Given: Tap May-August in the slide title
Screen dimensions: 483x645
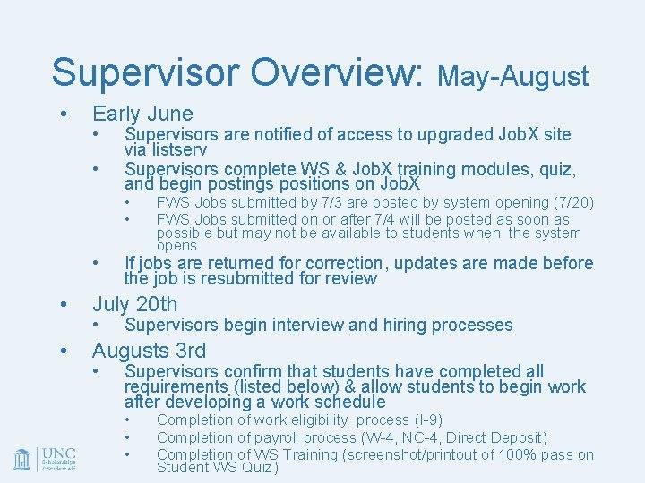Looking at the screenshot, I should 512,77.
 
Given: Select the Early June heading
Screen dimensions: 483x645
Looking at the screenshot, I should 142,114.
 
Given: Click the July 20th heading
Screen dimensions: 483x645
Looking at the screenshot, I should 135,304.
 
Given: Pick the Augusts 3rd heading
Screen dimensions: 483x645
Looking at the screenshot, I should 149,351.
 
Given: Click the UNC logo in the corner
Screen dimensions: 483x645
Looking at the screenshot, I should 45,459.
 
